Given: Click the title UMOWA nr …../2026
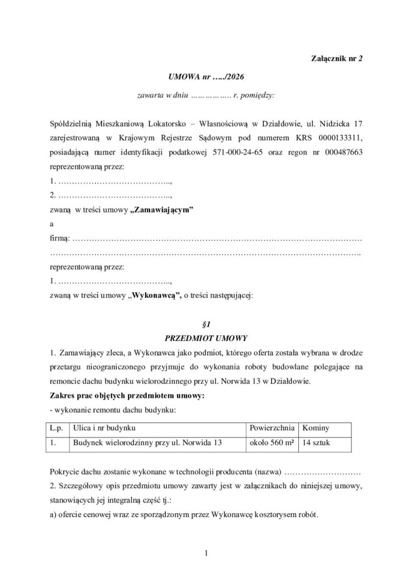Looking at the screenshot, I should tap(205, 76).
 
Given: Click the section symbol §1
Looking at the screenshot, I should tap(206, 325).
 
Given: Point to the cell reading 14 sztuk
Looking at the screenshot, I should tap(318, 442).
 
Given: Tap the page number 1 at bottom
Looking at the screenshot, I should tap(206, 551).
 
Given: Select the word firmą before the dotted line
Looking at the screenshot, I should tap(60, 238).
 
